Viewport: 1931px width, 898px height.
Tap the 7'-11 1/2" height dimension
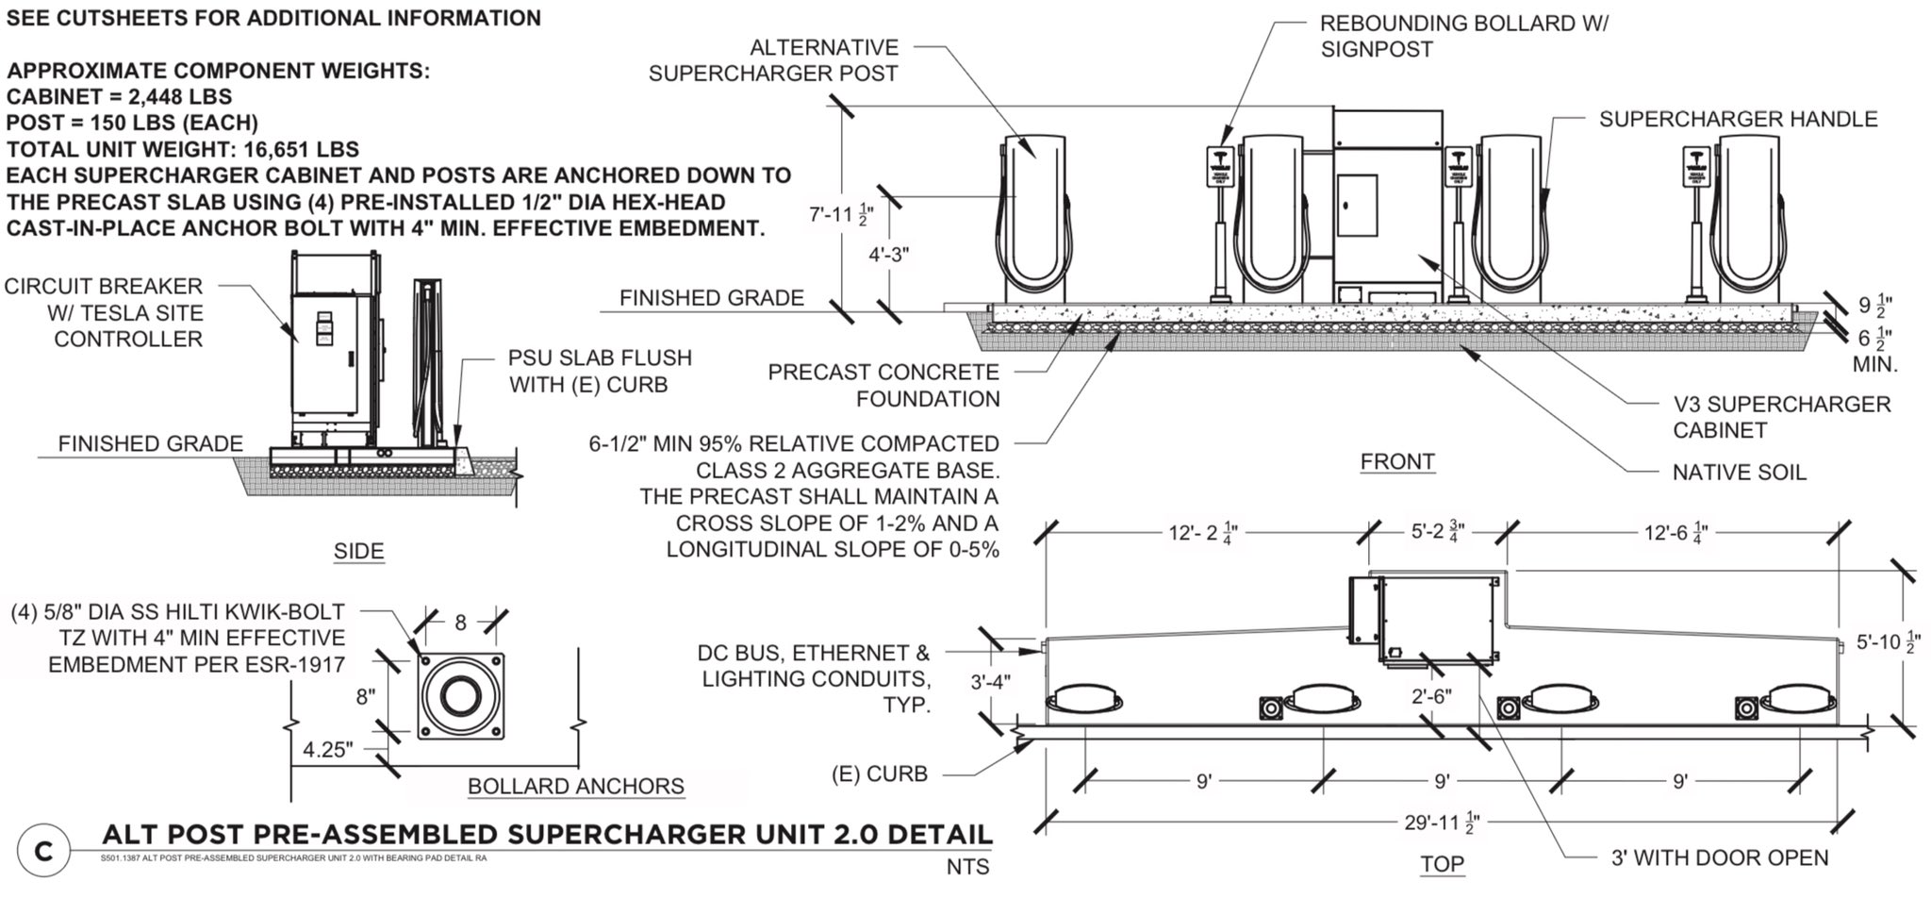(x=838, y=214)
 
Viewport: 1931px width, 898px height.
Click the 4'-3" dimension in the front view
(x=888, y=255)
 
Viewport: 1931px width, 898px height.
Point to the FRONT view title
(x=1397, y=461)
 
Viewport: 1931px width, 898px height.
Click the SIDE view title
(x=358, y=551)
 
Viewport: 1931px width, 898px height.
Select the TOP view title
(x=1442, y=863)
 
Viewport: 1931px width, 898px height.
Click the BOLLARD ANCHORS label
(x=575, y=786)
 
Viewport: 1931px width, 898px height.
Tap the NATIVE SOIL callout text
(x=1739, y=473)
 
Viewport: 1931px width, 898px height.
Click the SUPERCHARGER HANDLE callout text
(x=1738, y=119)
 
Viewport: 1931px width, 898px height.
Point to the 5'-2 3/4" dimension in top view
(x=1438, y=531)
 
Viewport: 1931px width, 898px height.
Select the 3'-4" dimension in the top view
(x=990, y=681)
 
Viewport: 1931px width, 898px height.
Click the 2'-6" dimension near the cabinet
(x=1430, y=696)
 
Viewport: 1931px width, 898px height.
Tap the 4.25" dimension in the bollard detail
(x=328, y=750)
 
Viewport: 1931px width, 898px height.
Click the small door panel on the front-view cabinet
(x=1357, y=205)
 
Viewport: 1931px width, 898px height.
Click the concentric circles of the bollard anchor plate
(x=460, y=696)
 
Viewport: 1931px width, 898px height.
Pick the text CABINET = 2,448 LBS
(x=119, y=96)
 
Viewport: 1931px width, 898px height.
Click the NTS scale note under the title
(x=968, y=866)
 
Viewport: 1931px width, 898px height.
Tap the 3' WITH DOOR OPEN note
(x=1719, y=857)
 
